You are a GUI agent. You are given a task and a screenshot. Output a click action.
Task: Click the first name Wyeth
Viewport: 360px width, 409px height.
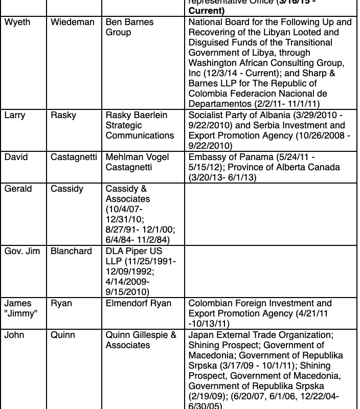click(18, 22)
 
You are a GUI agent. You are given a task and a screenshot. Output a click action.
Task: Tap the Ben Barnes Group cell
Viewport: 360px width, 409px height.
click(129, 28)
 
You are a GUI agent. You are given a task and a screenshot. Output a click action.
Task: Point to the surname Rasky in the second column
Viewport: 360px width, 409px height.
click(63, 115)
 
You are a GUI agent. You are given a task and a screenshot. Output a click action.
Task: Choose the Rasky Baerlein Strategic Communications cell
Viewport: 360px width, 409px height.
click(140, 125)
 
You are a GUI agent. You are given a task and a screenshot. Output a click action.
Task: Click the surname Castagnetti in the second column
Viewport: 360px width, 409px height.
click(74, 157)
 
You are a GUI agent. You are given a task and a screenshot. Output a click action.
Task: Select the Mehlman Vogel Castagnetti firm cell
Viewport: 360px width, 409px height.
click(137, 162)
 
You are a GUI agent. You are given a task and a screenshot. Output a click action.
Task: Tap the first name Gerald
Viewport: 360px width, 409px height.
click(18, 189)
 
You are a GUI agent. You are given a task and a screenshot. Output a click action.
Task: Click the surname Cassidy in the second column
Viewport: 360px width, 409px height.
click(66, 189)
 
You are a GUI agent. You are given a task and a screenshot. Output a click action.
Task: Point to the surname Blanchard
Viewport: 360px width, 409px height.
click(71, 251)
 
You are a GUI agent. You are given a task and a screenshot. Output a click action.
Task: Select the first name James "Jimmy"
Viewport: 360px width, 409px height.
click(20, 308)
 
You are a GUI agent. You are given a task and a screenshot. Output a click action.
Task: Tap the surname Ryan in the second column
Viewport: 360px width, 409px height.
click(61, 303)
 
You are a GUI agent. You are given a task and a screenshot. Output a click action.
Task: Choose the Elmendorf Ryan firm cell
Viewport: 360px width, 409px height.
click(139, 303)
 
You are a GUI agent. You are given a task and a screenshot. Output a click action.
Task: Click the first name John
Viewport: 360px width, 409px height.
click(14, 335)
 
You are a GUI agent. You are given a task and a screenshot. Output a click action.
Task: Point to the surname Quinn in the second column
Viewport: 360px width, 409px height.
click(63, 335)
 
